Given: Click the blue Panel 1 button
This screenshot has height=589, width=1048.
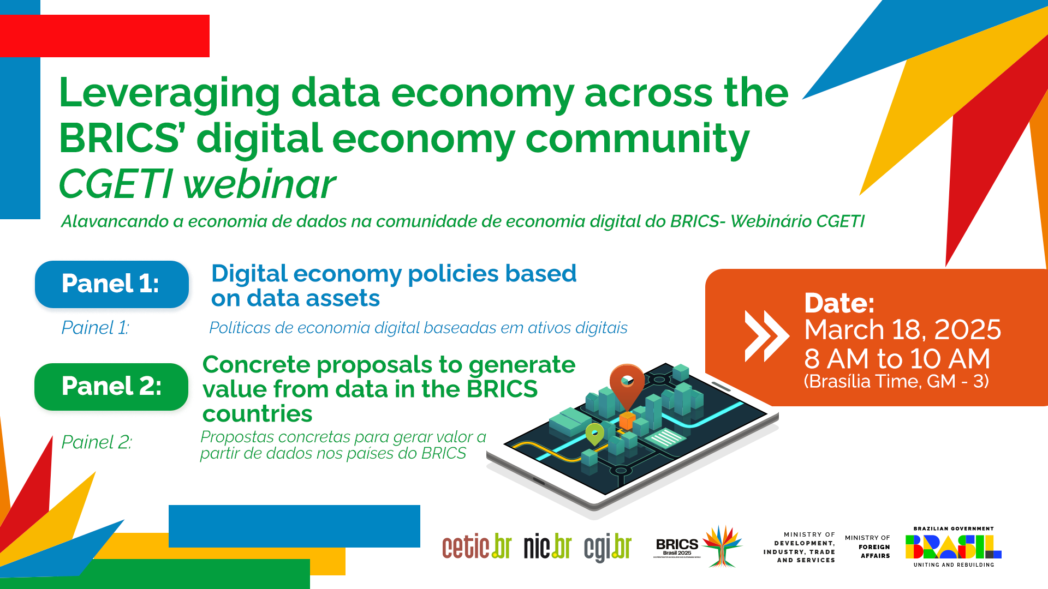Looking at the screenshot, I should (x=111, y=284).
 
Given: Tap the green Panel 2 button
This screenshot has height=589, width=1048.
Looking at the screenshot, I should (x=111, y=387).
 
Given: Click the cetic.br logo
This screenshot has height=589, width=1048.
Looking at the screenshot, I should (x=477, y=547).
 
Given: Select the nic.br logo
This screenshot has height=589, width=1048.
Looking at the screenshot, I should (x=547, y=547).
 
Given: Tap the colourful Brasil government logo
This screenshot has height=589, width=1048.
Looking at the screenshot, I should (x=953, y=546).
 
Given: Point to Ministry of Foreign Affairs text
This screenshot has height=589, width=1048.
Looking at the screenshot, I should (x=868, y=547).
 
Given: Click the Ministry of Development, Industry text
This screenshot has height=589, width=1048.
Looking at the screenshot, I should (x=800, y=548).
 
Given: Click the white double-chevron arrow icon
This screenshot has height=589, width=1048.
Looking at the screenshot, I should (x=766, y=336).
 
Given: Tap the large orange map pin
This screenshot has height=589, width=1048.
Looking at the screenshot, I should (x=627, y=383).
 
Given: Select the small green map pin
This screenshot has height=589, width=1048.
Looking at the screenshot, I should (x=594, y=434).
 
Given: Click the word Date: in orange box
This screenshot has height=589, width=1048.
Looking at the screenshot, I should (x=839, y=303).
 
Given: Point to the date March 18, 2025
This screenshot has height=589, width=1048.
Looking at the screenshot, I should (x=902, y=330).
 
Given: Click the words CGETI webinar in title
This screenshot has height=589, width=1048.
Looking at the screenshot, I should (x=197, y=184).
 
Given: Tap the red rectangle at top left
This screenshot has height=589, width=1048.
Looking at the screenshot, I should (x=105, y=36).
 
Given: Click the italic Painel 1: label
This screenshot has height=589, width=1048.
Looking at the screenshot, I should (x=95, y=328).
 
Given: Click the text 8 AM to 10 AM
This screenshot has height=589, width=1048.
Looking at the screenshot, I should (x=897, y=359).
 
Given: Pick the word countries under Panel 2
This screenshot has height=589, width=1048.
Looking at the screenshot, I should (x=257, y=414).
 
